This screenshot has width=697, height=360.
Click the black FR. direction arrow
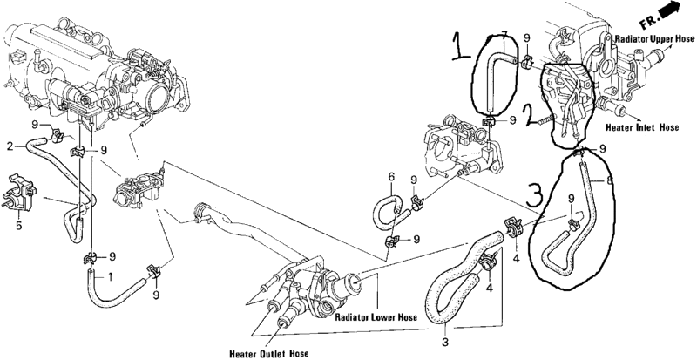click(x=671, y=10)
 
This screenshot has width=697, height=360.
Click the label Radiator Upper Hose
click(x=654, y=39)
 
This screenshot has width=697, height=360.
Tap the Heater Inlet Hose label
click(x=642, y=127)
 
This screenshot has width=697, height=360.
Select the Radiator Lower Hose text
click(x=376, y=317)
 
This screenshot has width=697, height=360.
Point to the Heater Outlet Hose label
click(x=269, y=354)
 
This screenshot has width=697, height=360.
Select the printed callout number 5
click(x=18, y=226)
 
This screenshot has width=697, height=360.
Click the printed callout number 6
click(x=391, y=177)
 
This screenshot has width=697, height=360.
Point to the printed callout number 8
click(x=609, y=181)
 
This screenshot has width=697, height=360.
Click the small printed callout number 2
click(x=10, y=146)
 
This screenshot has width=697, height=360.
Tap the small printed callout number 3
click(x=445, y=343)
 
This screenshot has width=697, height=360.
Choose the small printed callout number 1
click(x=110, y=277)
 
